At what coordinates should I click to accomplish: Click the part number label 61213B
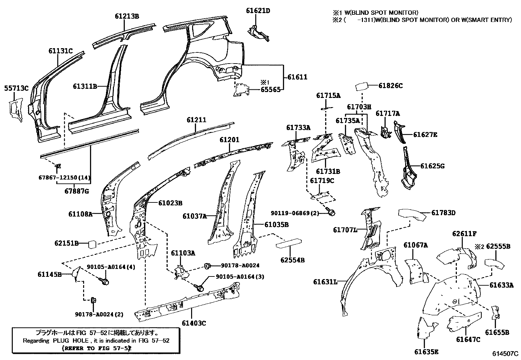(x=127, y=16)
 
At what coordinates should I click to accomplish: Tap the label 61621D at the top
(x=258, y=11)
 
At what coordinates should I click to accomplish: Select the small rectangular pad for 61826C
(x=361, y=86)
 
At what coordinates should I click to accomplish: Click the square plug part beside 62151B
(x=92, y=244)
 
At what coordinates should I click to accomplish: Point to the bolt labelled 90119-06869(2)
(x=331, y=211)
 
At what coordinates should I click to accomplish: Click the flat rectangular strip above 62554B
(x=289, y=243)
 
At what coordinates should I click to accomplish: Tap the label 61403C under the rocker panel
(x=194, y=323)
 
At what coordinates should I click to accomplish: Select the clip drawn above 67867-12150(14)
(x=58, y=166)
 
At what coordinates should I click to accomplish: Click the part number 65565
(x=270, y=90)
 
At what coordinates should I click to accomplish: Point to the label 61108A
(x=81, y=214)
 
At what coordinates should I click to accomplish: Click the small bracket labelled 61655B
(x=495, y=313)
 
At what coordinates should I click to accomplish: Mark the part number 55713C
(x=16, y=88)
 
